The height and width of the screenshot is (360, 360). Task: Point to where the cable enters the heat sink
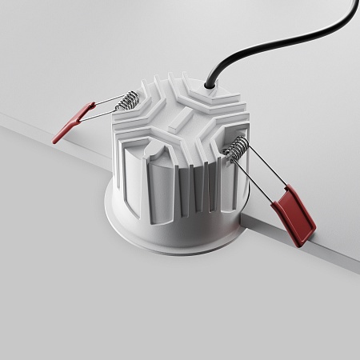coord(209,82)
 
